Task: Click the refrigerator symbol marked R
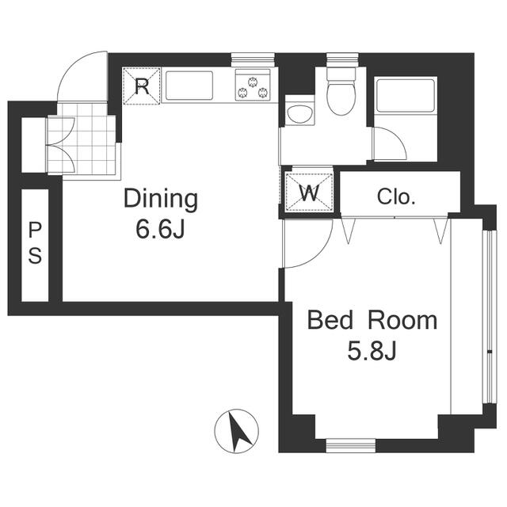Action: [142, 86]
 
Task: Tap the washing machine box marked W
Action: [310, 192]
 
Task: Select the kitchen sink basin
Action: [189, 86]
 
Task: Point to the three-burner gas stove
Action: [253, 85]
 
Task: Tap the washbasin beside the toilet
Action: [300, 113]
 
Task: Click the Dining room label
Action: [161, 200]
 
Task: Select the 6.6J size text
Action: [160, 229]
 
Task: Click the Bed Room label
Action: [372, 320]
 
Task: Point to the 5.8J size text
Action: [372, 351]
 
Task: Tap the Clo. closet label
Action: [396, 196]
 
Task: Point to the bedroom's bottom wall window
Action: [351, 445]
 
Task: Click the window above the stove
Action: [253, 59]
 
